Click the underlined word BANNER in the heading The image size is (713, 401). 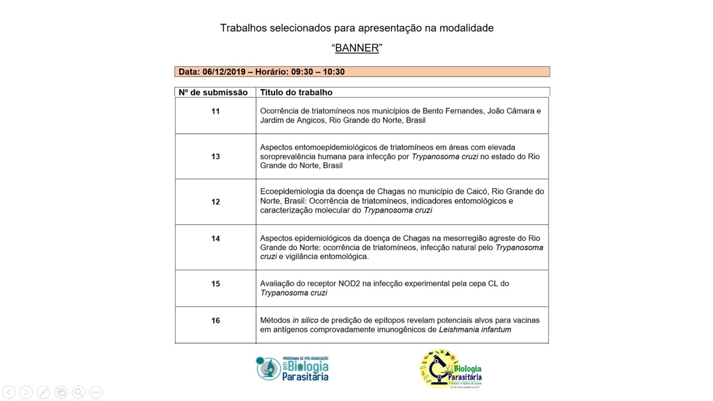click(x=356, y=48)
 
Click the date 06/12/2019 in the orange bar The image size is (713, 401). click(x=223, y=72)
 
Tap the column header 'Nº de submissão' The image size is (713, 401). click(x=213, y=92)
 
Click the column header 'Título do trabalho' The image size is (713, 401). click(x=296, y=92)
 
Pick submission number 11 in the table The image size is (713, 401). click(x=216, y=111)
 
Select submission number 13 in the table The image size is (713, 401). click(x=216, y=157)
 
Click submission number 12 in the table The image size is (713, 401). click(x=216, y=202)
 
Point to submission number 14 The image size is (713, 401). click(x=216, y=238)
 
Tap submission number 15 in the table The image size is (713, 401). click(x=216, y=284)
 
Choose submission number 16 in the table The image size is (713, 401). click(x=216, y=321)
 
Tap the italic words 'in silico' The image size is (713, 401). click(x=305, y=320)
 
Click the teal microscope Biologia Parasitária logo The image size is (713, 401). click(x=292, y=369)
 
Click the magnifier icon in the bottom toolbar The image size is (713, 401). click(x=79, y=392)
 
